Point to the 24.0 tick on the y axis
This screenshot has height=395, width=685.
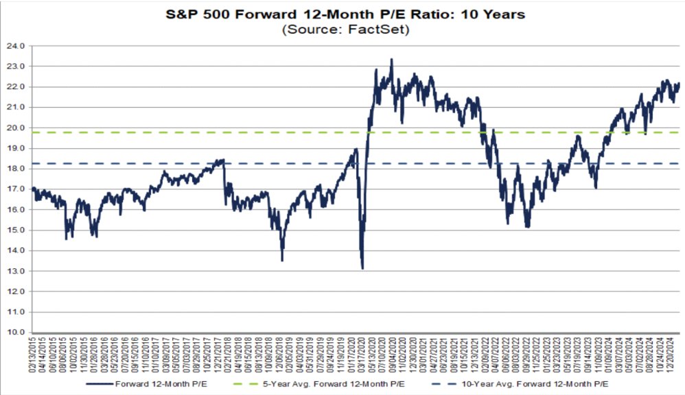16,46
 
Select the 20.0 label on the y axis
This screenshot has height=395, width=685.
16,128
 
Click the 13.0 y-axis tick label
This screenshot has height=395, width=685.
16,272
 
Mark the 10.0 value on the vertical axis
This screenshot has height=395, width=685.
16,333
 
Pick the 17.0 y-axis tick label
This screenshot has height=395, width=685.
16,189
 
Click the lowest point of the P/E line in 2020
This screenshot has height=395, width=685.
362,268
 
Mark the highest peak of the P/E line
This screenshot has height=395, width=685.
391,60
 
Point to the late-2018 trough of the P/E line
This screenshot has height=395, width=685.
282,260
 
